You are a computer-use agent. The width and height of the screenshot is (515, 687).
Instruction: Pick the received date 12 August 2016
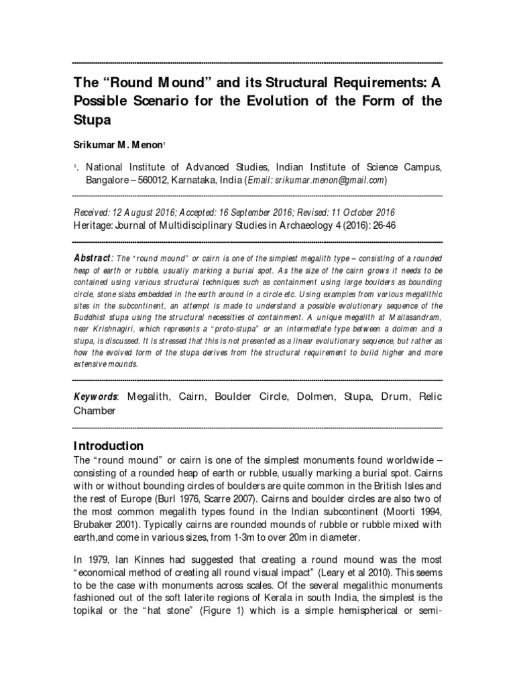pyautogui.click(x=148, y=213)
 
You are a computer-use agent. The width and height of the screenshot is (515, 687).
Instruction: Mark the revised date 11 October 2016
pyautogui.click(x=366, y=213)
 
